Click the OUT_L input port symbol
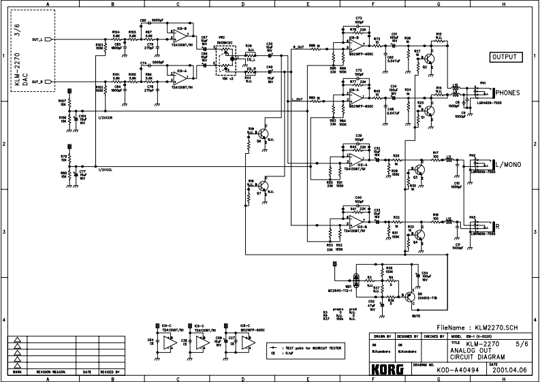(48, 40)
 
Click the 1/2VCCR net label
(105, 118)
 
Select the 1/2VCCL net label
(105, 169)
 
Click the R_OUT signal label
(298, 47)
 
